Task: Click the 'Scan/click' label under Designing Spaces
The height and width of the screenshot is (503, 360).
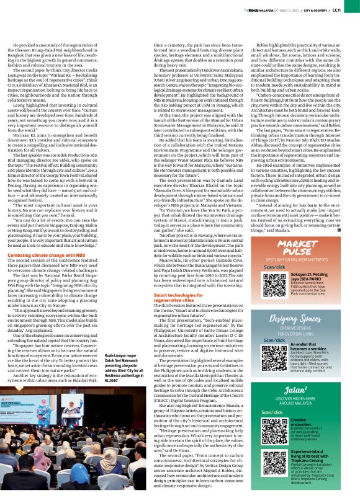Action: (274, 341)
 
